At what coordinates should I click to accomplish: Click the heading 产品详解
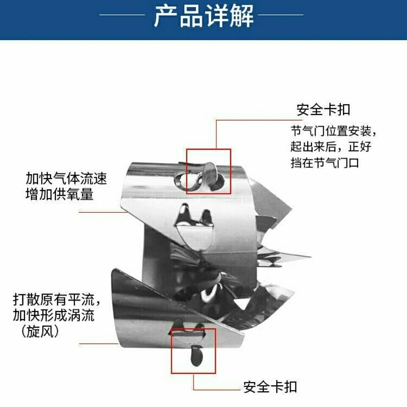coord(203,16)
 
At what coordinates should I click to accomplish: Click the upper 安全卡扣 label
coord(323,109)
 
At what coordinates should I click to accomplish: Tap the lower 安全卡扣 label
coord(270,387)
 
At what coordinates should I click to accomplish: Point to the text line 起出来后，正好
coord(331,147)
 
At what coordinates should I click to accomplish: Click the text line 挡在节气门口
coord(325,163)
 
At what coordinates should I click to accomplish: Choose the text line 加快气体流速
coord(66,178)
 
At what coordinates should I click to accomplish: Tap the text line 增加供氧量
coord(59,194)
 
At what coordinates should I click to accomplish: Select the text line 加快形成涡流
coord(53,315)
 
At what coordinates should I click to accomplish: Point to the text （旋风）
coord(40,332)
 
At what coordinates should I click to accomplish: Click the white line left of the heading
coord(122,15)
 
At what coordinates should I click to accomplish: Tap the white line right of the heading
coord(280,15)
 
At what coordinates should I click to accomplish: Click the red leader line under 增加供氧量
coord(103,212)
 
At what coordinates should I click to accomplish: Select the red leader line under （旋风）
coord(99,344)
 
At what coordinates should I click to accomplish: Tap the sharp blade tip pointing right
coord(310,257)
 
